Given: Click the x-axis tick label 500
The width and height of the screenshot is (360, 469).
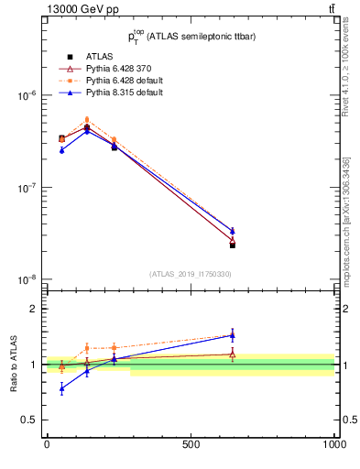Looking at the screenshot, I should [191, 444].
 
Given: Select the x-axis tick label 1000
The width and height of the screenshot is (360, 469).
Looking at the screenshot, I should [334, 444].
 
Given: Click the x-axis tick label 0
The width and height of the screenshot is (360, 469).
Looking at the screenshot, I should [47, 444].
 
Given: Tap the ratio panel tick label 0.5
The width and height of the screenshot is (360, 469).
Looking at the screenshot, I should [28, 420].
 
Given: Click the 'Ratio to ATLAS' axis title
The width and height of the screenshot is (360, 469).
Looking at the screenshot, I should [12, 365].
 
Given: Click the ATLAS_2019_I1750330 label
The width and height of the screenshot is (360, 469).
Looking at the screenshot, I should [191, 274].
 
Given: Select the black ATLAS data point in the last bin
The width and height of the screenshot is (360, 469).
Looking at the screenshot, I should [233, 245].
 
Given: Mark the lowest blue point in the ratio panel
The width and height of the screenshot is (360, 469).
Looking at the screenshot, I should [61, 389].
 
